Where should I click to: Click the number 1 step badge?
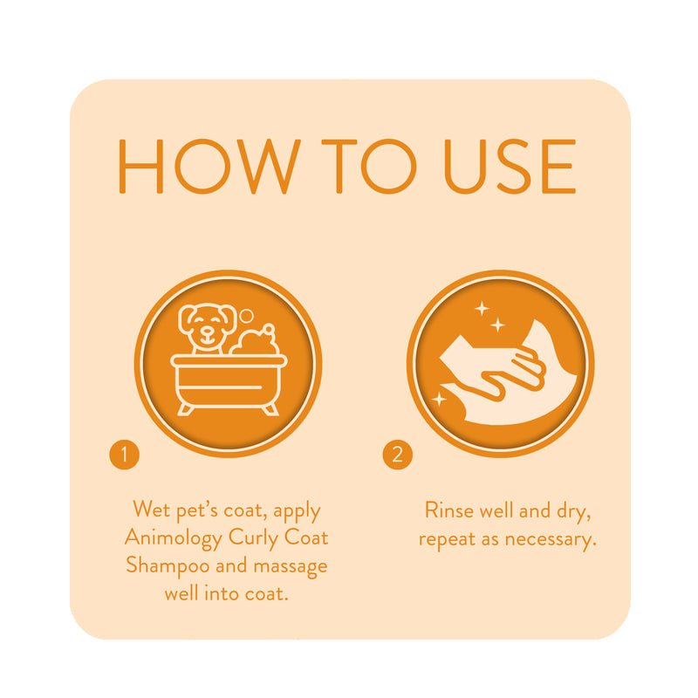pyautogui.click(x=125, y=455)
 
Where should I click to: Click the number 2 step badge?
pyautogui.click(x=397, y=455)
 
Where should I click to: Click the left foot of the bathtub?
pyautogui.click(x=186, y=407)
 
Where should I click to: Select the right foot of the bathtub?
pyautogui.click(x=270, y=407)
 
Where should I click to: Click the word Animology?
pyautogui.click(x=174, y=537)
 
